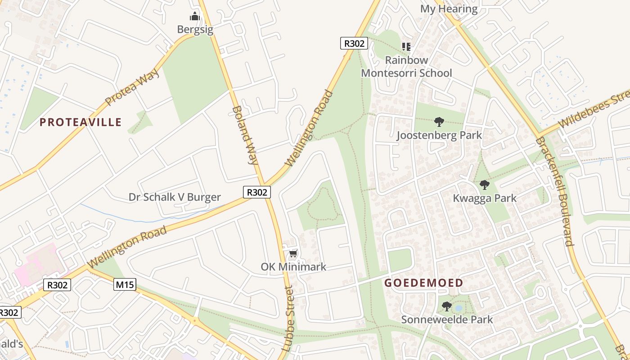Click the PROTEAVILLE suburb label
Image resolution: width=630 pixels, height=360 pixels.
(81, 122)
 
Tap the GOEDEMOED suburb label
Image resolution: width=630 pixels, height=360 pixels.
(423, 283)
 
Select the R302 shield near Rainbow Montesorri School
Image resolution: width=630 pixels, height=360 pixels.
(354, 43)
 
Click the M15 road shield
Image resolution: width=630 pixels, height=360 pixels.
(125, 284)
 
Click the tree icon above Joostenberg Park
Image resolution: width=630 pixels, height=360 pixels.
(439, 121)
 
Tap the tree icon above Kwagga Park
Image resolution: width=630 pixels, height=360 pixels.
(484, 185)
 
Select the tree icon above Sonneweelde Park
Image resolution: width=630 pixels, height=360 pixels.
(446, 306)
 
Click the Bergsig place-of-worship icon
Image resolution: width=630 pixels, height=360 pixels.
(194, 17)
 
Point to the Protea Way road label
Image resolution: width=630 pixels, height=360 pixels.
(132, 87)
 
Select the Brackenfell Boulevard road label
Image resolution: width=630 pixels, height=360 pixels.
(554, 191)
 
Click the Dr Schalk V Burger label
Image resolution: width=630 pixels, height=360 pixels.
(175, 197)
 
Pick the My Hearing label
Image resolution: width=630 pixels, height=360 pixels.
(449, 9)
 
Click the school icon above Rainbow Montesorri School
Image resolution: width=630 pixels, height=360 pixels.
(406, 47)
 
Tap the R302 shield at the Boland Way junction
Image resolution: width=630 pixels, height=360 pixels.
(257, 192)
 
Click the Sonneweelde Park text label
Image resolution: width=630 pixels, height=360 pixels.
(447, 319)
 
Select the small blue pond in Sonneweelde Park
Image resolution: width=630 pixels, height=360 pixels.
(458, 308)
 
